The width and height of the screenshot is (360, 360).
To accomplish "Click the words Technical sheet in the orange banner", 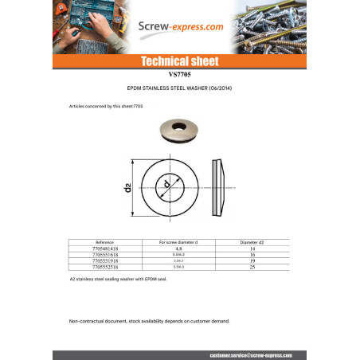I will [179, 61].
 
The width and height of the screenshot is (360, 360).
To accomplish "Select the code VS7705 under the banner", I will [179, 75].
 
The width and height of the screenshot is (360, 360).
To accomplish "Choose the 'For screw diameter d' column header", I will [179, 241].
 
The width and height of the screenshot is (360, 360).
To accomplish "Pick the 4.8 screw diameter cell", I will [179, 248].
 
